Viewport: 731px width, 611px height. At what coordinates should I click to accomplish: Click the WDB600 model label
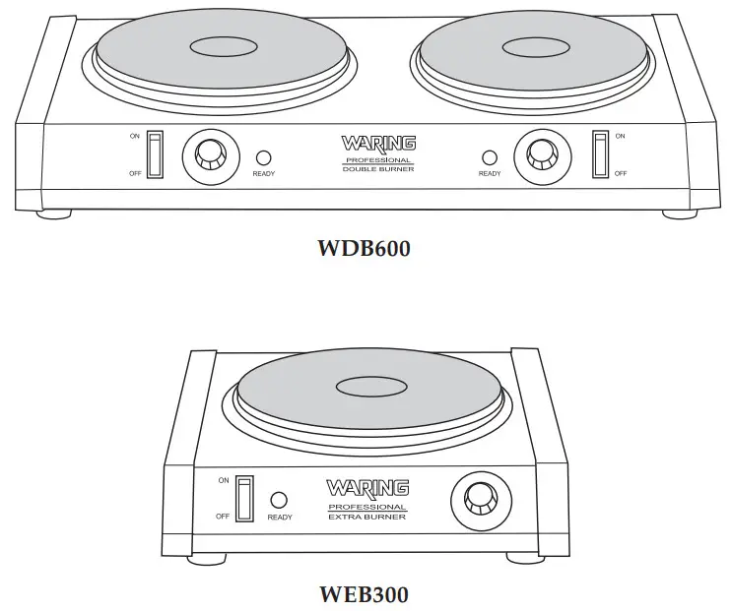[364, 248]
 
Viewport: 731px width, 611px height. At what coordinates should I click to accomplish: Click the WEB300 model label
[364, 594]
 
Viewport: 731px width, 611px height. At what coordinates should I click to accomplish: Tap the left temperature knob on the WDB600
[210, 154]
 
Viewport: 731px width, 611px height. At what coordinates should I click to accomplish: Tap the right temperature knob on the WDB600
[541, 153]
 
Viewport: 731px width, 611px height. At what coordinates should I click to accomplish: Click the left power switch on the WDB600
[153, 154]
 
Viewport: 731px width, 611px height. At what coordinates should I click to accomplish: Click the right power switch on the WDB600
[599, 154]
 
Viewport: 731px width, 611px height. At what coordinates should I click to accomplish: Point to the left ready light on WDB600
[263, 156]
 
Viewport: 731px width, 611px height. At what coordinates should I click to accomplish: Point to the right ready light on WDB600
[489, 156]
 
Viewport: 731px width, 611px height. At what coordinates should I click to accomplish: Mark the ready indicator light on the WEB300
[280, 500]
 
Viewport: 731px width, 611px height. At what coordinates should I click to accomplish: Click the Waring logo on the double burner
[378, 144]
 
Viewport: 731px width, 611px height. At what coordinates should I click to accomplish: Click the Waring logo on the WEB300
[367, 487]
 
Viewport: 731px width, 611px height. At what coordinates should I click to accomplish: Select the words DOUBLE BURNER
[378, 169]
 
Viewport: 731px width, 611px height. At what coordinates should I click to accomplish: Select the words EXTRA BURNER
[367, 516]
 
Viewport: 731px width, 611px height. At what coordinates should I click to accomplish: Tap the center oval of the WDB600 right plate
[533, 45]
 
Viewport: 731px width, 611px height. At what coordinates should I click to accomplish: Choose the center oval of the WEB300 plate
[373, 386]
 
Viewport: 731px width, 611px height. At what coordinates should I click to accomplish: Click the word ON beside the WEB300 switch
[224, 481]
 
